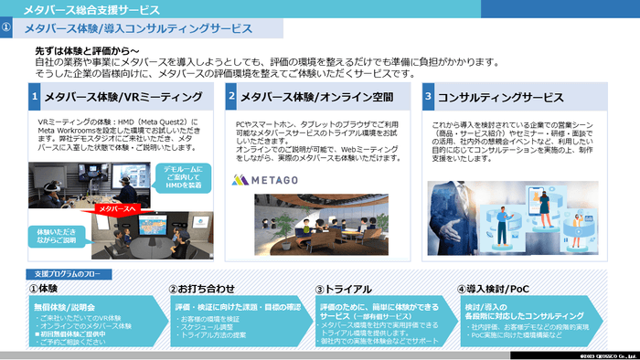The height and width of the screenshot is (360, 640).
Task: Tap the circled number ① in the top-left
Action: (7, 29)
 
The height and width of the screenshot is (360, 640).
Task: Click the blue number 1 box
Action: (34, 96)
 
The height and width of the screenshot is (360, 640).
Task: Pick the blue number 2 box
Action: (232, 96)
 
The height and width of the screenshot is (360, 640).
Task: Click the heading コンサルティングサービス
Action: (502, 96)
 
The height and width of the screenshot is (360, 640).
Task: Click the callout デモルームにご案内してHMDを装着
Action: (185, 176)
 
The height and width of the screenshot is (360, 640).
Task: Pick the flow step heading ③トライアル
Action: (346, 289)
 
